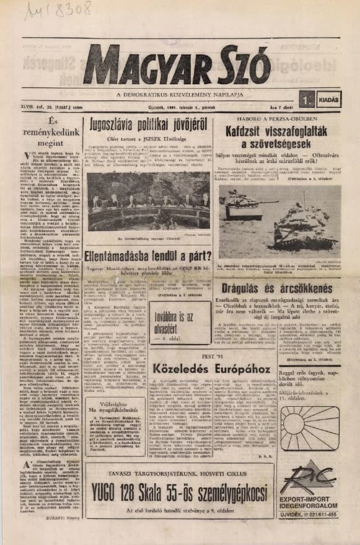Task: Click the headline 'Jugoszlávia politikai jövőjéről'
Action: [x=148, y=123]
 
